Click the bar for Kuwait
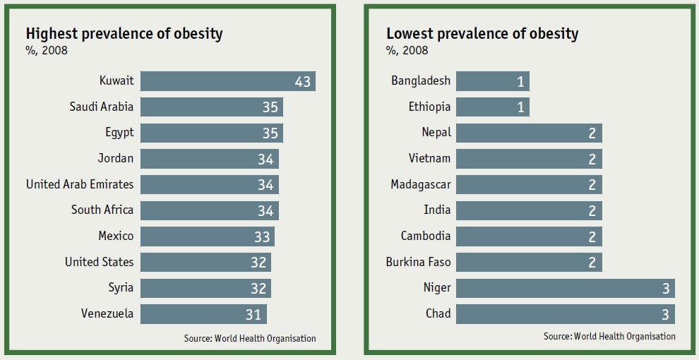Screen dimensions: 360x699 click(227, 81)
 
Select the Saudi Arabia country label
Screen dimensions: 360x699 click(101, 107)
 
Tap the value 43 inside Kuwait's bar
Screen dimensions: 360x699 click(302, 82)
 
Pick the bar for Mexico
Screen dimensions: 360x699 click(207, 236)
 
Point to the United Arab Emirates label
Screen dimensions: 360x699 click(80, 184)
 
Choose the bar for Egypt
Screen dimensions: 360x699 click(211, 133)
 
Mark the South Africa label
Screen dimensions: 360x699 click(102, 210)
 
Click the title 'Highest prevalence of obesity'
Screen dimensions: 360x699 click(124, 33)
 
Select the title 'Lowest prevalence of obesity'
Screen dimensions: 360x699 click(482, 33)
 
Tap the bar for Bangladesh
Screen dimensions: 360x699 click(492, 81)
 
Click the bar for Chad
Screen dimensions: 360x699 click(565, 313)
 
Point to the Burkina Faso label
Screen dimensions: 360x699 click(418, 262)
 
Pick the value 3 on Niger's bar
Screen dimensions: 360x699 click(665, 288)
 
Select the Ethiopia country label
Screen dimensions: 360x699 click(429, 107)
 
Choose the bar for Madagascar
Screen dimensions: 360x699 click(529, 185)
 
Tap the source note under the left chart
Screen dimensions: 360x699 click(250, 339)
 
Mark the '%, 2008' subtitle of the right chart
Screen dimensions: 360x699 click(407, 51)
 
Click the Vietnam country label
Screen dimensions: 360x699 click(429, 159)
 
